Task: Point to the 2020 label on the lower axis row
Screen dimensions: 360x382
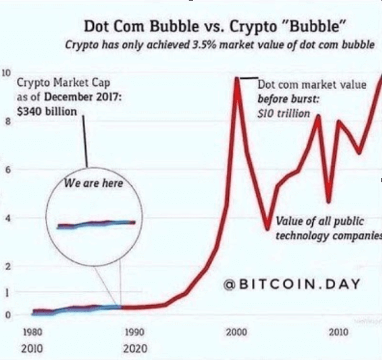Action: coord(135,348)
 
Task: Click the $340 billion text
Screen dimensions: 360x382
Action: coord(47,111)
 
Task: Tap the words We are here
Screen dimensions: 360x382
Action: coord(93,184)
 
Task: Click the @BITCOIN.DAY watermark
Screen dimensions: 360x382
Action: coord(292,285)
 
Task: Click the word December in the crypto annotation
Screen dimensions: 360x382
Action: coord(71,98)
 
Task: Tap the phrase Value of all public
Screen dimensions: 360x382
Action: coord(319,221)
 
